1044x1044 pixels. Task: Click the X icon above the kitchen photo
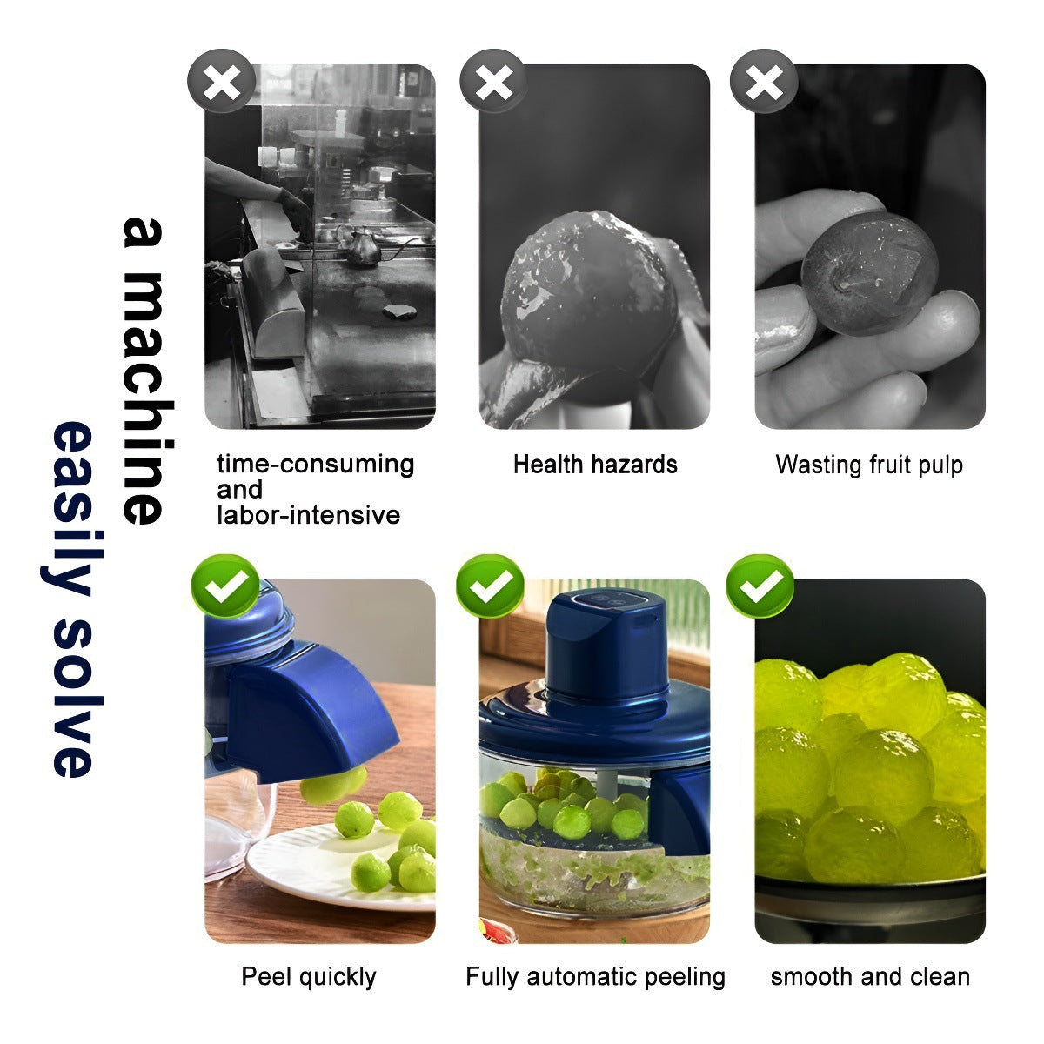[221, 84]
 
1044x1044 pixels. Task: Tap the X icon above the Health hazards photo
[494, 84]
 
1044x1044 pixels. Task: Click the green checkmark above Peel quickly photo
[225, 587]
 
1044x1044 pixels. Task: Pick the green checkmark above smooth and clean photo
[761, 587]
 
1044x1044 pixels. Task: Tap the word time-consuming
[315, 465]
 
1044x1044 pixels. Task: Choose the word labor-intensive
[308, 515]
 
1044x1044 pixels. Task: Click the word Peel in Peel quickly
[260, 977]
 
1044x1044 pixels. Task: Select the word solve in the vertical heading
[73, 696]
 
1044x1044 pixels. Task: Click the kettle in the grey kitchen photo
[363, 248]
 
